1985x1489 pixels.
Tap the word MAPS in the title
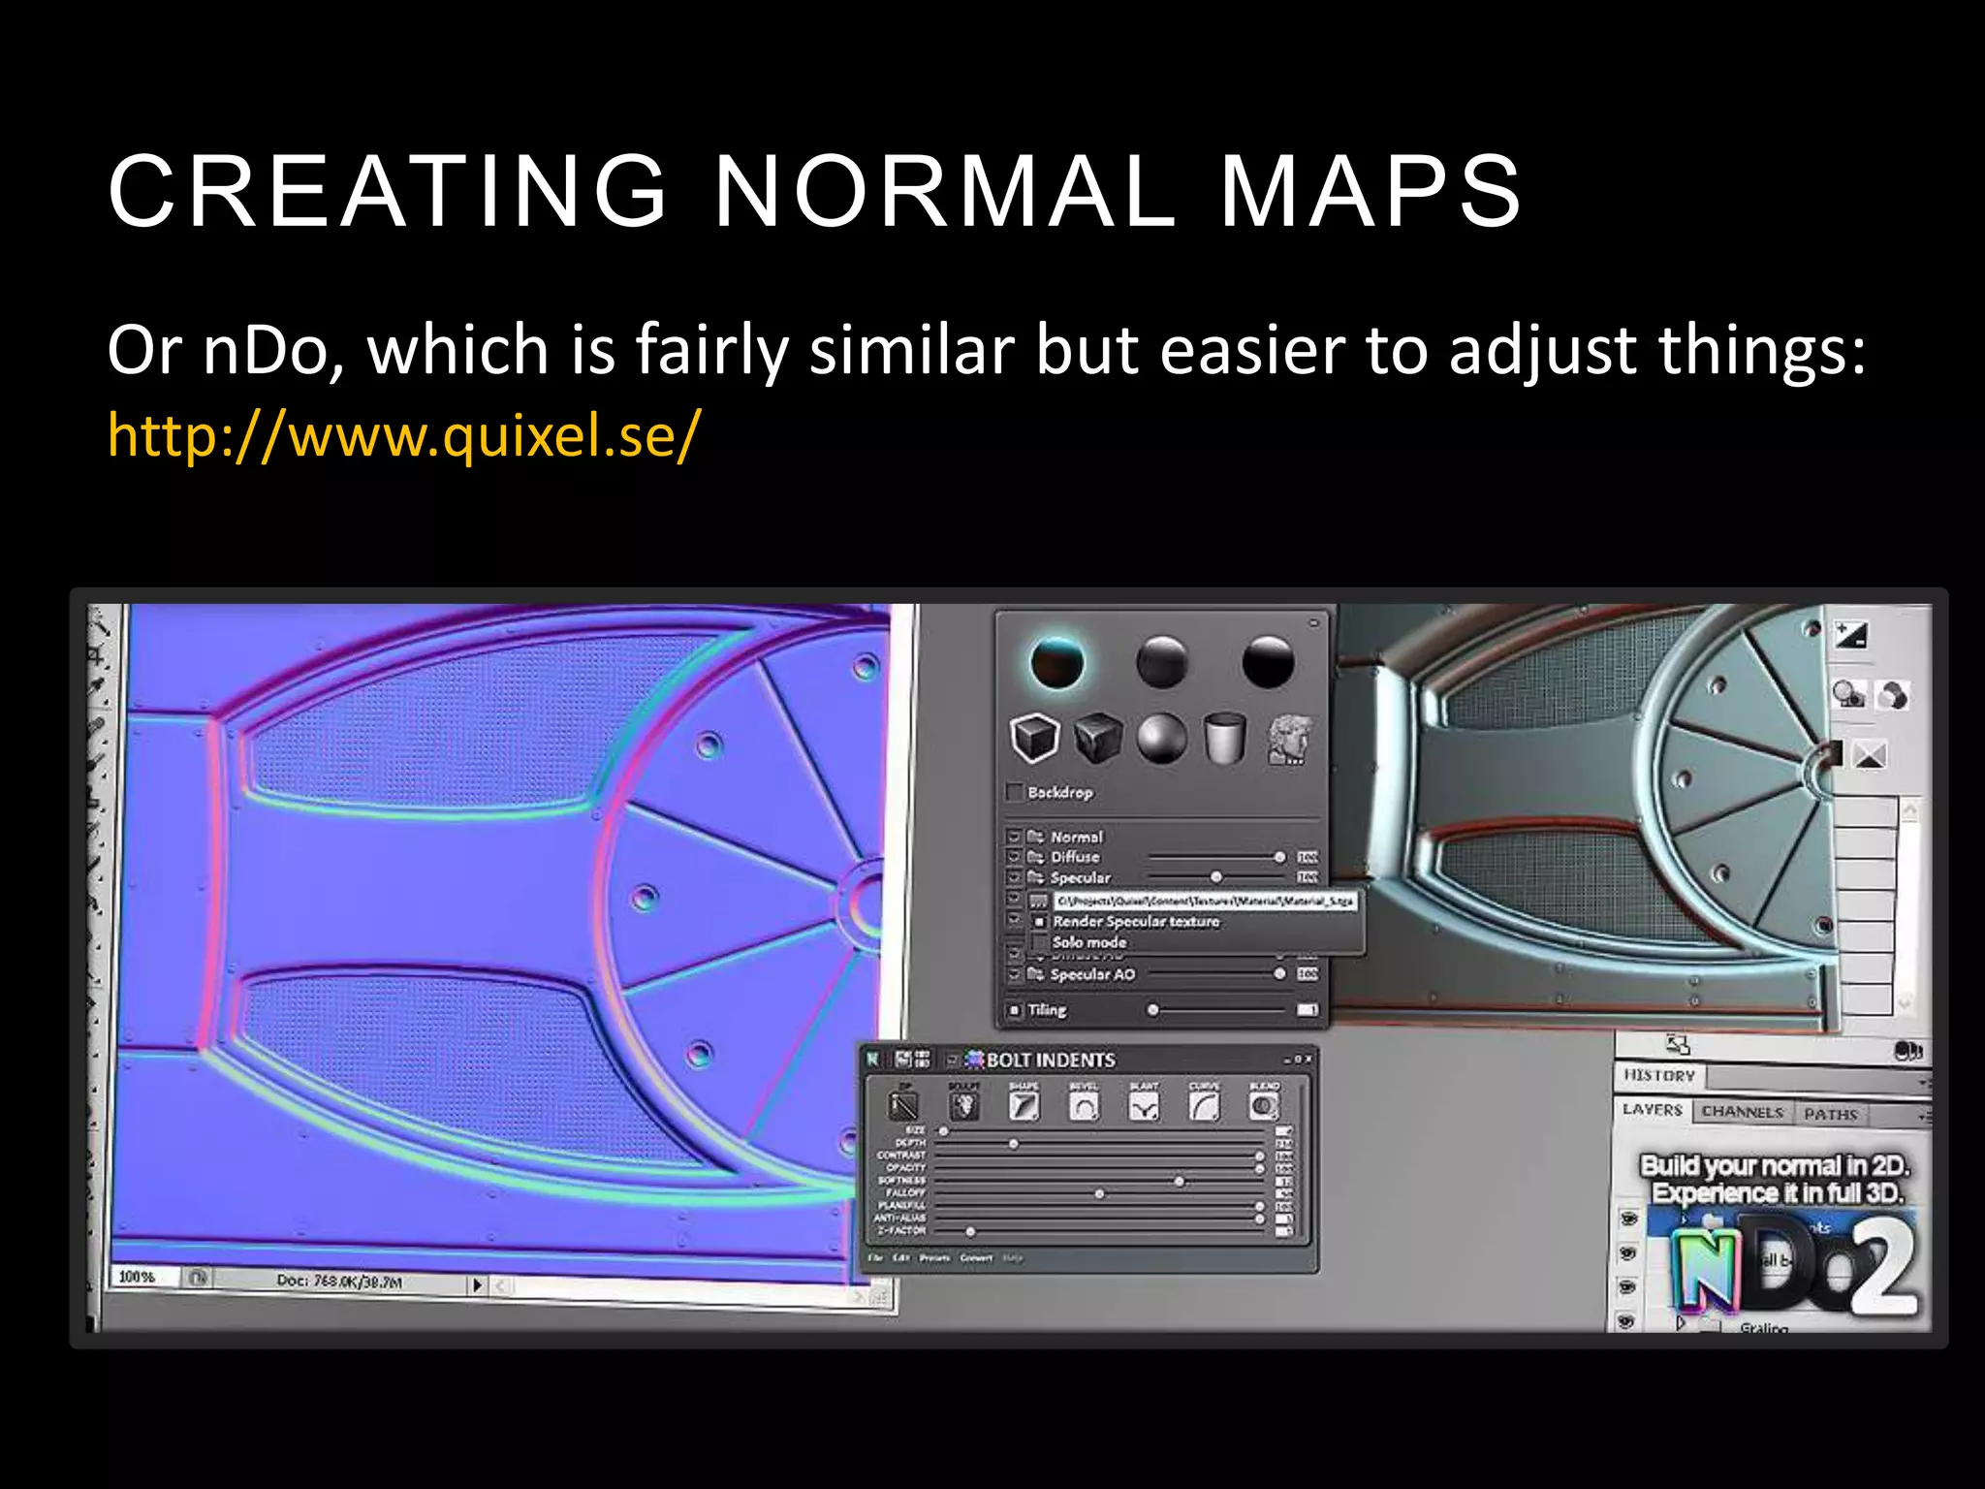[x=1370, y=192]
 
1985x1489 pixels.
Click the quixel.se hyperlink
[x=402, y=435]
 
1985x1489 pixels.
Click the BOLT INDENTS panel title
[x=1051, y=1060]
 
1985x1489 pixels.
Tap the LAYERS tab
[x=1653, y=1110]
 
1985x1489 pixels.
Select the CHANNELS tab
[x=1742, y=1112]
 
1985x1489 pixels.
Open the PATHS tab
[x=1830, y=1115]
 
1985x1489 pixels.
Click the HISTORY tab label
[x=1659, y=1075]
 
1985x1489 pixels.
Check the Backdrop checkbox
[x=1015, y=792]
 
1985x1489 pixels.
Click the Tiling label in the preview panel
[x=1047, y=1010]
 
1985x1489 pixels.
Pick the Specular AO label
[x=1092, y=974]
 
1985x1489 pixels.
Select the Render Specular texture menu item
[x=1136, y=922]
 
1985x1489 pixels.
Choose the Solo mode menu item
[x=1089, y=942]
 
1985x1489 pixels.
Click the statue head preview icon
[x=1290, y=740]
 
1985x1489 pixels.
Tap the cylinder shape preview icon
[x=1225, y=739]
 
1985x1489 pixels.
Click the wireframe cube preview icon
[x=1034, y=739]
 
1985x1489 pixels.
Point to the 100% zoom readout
[x=137, y=1277]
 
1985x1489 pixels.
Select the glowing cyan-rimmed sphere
[x=1056, y=663]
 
